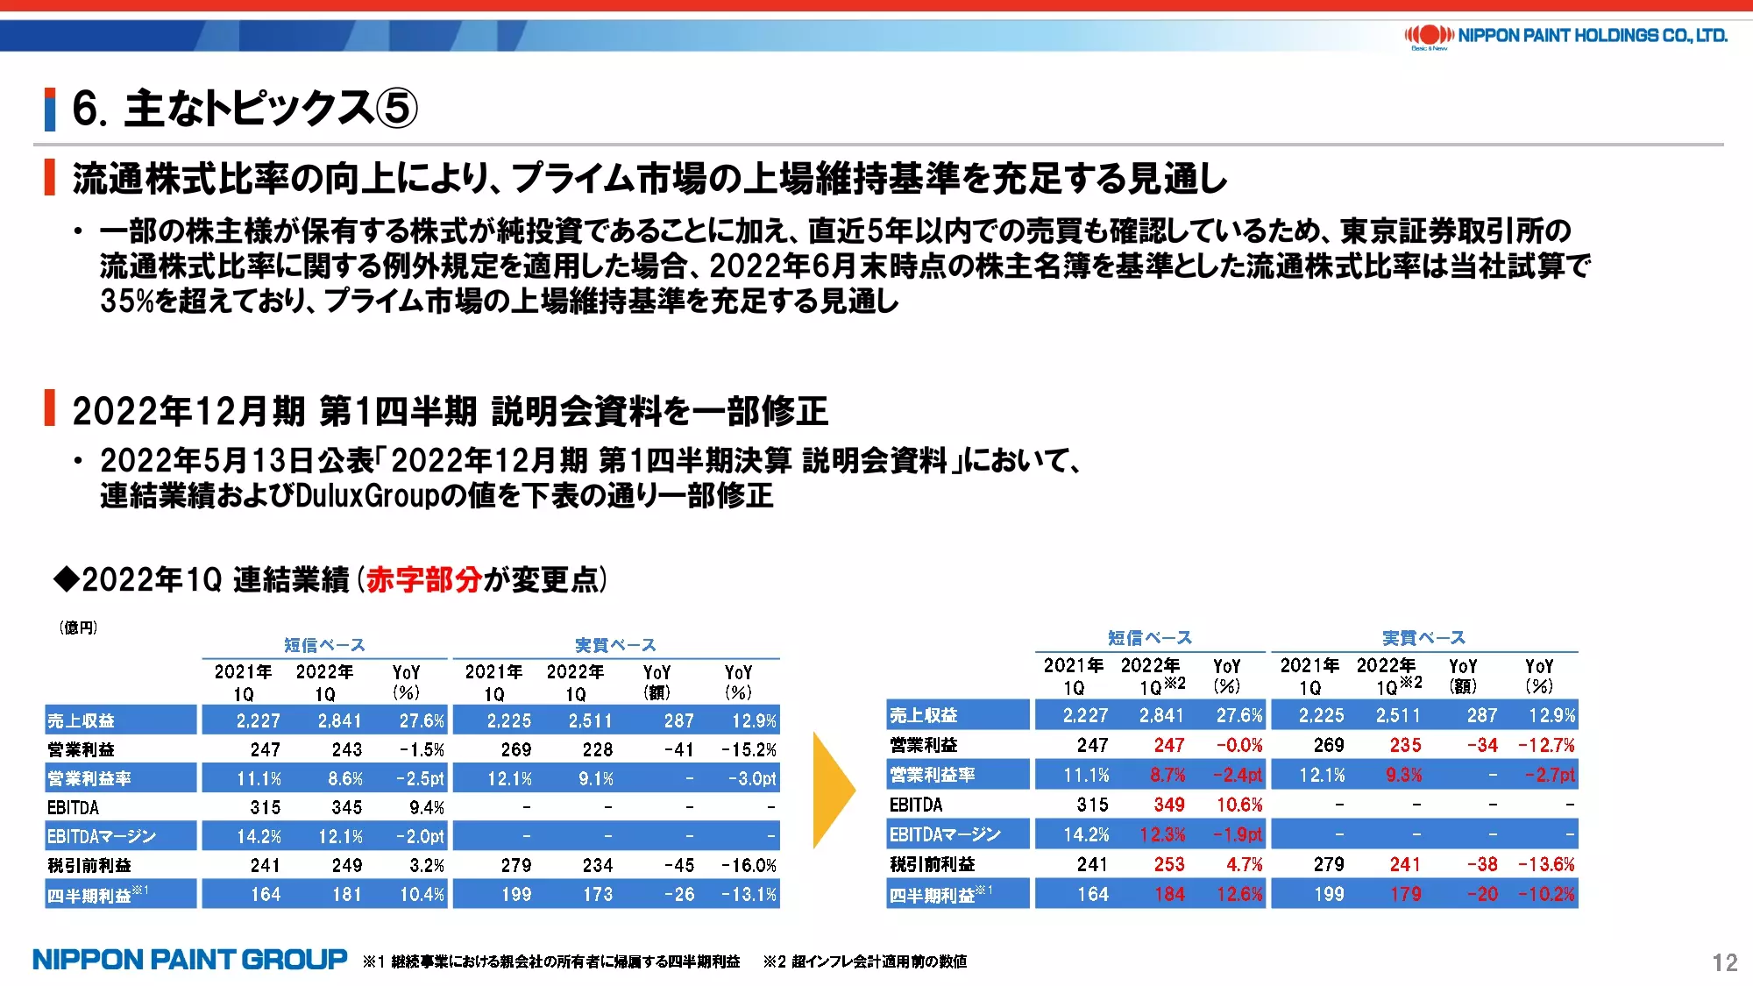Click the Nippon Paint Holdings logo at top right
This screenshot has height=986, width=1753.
[1565, 36]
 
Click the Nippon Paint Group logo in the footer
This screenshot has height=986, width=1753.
[190, 960]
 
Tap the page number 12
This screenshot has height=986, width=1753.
[1725, 962]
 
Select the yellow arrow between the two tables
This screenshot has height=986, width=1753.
[834, 791]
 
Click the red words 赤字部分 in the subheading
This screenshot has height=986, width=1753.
[424, 579]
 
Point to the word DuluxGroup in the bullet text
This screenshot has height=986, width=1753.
[366, 496]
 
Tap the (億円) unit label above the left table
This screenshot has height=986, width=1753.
[78, 628]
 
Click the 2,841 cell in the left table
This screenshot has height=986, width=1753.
[339, 720]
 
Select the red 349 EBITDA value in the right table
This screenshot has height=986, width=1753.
[1169, 805]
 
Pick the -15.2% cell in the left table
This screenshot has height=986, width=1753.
[749, 749]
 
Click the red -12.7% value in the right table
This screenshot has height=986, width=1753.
[1546, 745]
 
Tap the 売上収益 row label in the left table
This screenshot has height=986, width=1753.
[81, 720]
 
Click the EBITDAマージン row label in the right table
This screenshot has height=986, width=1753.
[945, 834]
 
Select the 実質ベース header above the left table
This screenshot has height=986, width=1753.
[615, 645]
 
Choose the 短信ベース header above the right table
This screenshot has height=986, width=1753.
[1150, 638]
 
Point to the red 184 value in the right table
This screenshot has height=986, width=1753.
[1169, 894]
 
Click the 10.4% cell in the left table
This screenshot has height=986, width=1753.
[422, 894]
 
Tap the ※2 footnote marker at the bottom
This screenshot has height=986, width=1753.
[775, 961]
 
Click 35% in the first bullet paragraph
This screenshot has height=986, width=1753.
[127, 301]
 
